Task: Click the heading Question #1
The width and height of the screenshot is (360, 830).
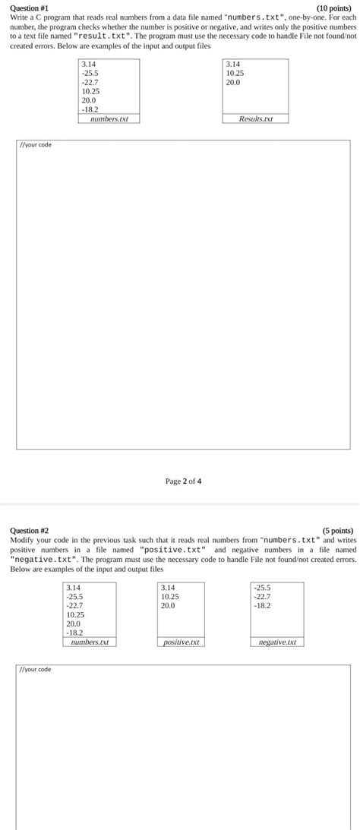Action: click(29, 8)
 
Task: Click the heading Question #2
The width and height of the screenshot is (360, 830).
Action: click(29, 530)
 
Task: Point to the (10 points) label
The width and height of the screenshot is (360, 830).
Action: click(335, 8)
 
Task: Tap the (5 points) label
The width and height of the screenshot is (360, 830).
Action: click(337, 530)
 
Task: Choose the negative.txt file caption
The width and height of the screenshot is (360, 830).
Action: click(276, 642)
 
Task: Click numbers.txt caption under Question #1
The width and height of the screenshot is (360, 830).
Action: click(109, 118)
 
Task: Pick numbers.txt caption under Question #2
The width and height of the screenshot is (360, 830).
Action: click(90, 642)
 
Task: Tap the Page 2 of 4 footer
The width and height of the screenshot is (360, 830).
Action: click(183, 481)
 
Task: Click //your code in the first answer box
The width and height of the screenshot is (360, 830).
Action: click(36, 144)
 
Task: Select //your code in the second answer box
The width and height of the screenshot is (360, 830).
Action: click(36, 669)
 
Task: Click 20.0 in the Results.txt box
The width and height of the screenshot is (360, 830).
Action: click(233, 82)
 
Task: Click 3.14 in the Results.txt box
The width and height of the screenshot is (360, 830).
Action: click(232, 65)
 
